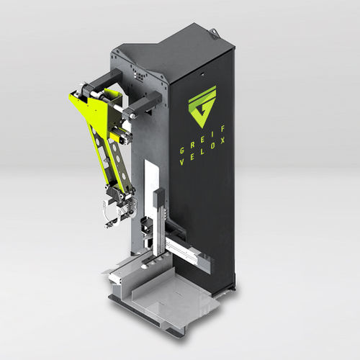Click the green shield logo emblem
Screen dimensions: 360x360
(202, 107)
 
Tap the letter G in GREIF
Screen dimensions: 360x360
(182, 150)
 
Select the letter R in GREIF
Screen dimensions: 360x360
(192, 145)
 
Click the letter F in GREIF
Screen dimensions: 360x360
(223, 129)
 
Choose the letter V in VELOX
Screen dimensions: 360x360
(182, 162)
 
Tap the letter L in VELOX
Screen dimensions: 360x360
(203, 151)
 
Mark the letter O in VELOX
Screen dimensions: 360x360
(212, 146)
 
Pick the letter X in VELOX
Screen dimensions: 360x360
(223, 140)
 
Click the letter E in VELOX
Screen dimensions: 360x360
(192, 157)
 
